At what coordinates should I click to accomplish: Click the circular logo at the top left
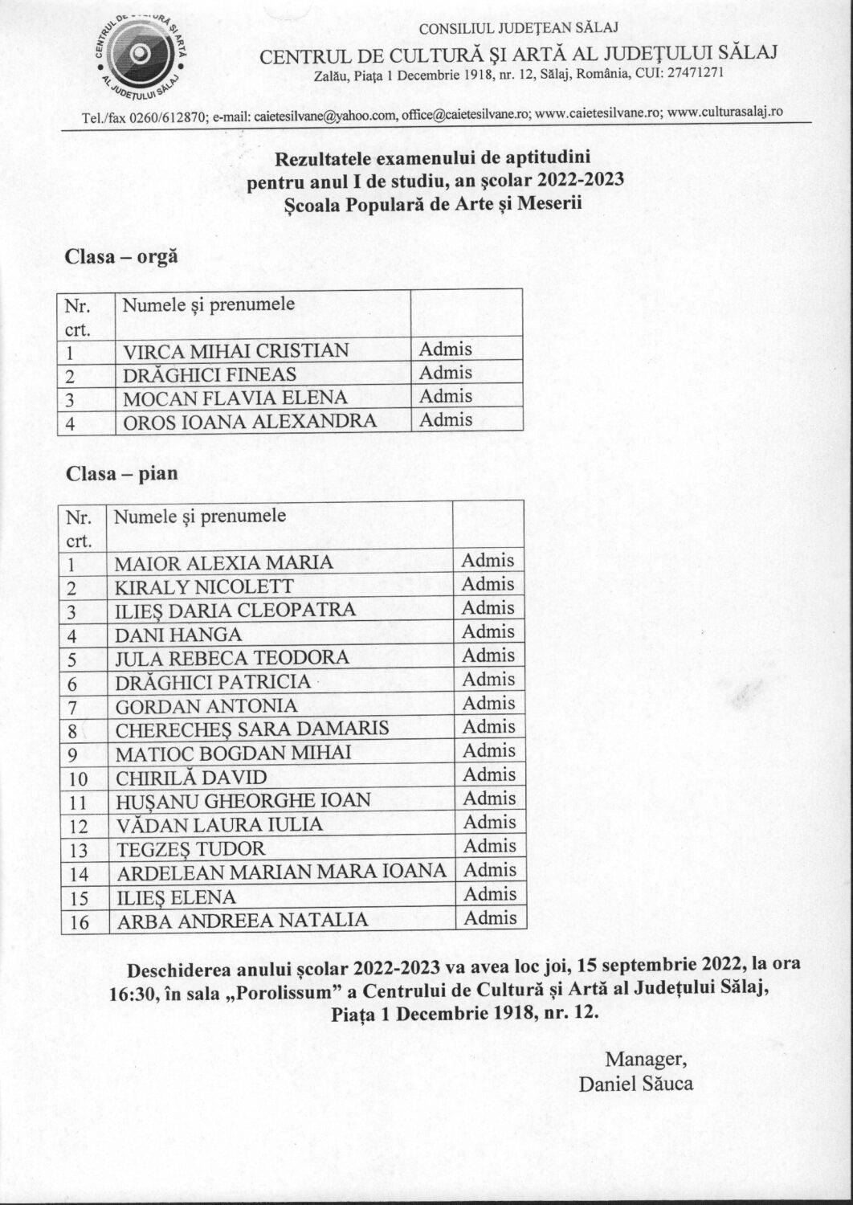(142, 54)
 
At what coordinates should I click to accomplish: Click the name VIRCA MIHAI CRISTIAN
(235, 351)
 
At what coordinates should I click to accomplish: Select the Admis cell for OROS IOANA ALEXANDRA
(446, 419)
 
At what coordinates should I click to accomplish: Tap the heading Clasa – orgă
(121, 258)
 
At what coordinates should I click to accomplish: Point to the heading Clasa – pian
(122, 473)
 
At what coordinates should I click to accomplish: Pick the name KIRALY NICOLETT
(204, 586)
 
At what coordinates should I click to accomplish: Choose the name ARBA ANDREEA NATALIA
(243, 921)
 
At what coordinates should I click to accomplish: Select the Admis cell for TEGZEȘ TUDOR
(488, 846)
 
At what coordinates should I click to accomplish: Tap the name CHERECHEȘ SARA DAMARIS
(252, 729)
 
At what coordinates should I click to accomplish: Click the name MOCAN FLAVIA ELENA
(235, 398)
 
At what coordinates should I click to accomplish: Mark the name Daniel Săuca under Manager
(635, 1084)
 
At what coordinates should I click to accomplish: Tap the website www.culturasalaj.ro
(724, 113)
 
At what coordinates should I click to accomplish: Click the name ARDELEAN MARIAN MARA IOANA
(280, 872)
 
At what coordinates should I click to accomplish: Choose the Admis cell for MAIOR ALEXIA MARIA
(488, 561)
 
